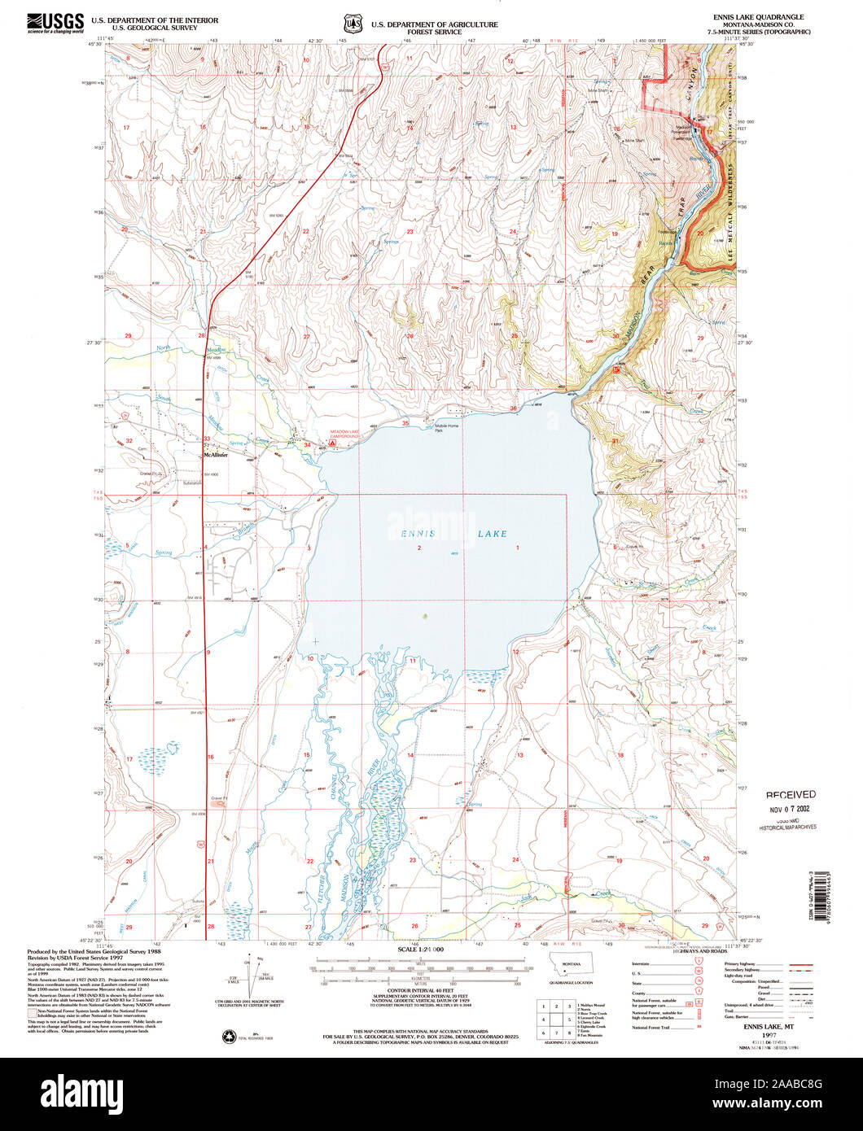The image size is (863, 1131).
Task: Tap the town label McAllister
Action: [216, 456]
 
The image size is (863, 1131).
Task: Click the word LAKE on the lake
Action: [493, 534]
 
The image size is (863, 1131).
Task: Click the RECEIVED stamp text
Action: [790, 794]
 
